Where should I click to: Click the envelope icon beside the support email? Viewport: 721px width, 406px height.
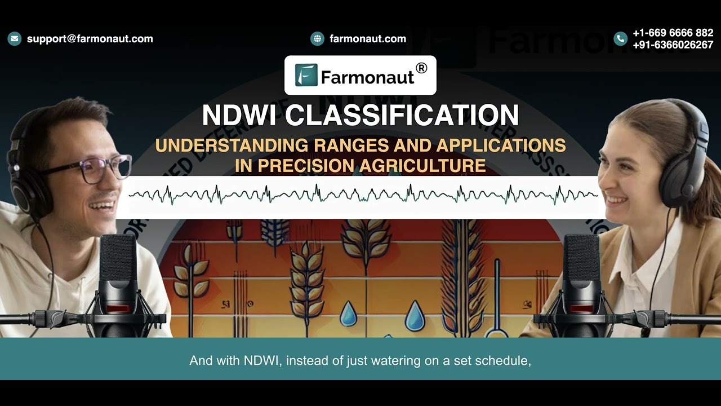click(15, 39)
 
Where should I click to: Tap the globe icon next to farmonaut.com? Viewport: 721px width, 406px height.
click(317, 39)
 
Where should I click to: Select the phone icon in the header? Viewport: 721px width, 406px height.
click(620, 39)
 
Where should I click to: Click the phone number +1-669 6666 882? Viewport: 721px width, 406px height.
click(673, 33)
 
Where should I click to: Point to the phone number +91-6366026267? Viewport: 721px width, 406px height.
click(673, 45)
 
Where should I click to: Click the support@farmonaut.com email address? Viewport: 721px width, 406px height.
click(90, 39)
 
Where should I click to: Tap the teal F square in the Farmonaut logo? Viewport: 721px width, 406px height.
click(306, 75)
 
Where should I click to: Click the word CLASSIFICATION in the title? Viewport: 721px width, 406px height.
click(402, 116)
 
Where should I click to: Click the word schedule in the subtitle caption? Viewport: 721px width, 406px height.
click(502, 360)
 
